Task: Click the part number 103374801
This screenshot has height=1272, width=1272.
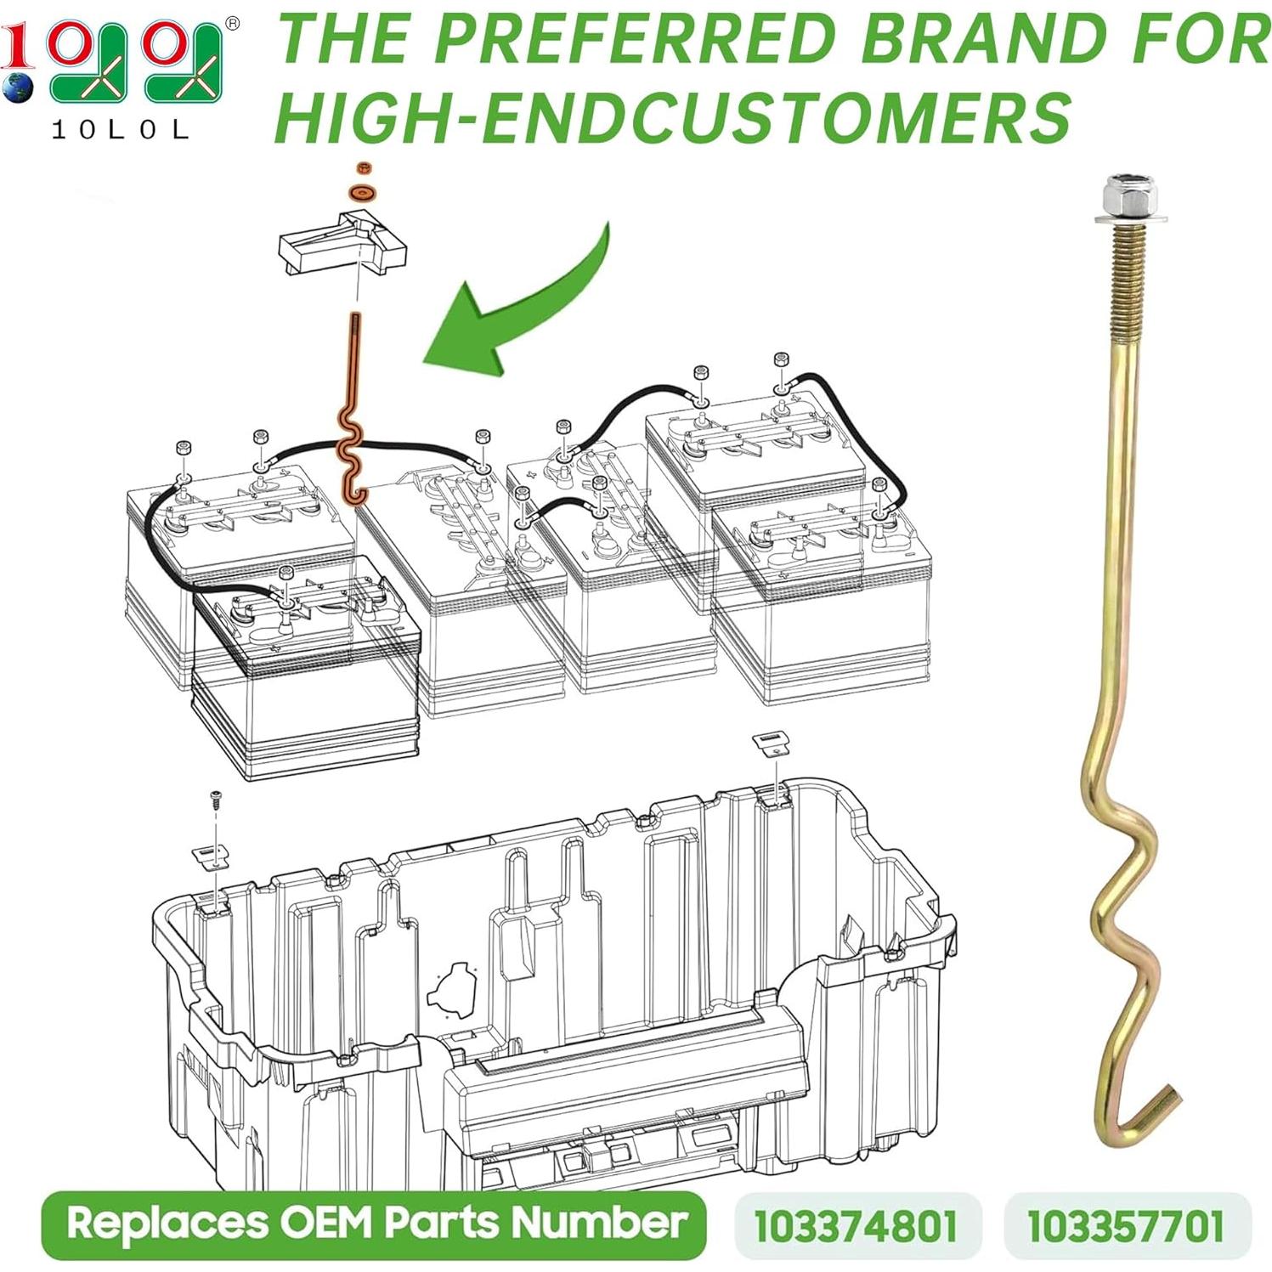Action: click(856, 1225)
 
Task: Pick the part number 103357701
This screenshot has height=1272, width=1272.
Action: click(1126, 1225)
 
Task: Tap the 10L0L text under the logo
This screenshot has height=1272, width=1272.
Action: click(121, 130)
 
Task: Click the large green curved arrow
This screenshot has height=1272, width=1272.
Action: click(518, 306)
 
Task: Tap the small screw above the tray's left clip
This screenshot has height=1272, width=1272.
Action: click(216, 800)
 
